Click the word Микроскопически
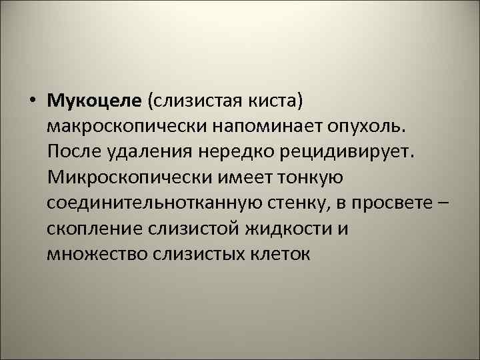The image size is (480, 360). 126,177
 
